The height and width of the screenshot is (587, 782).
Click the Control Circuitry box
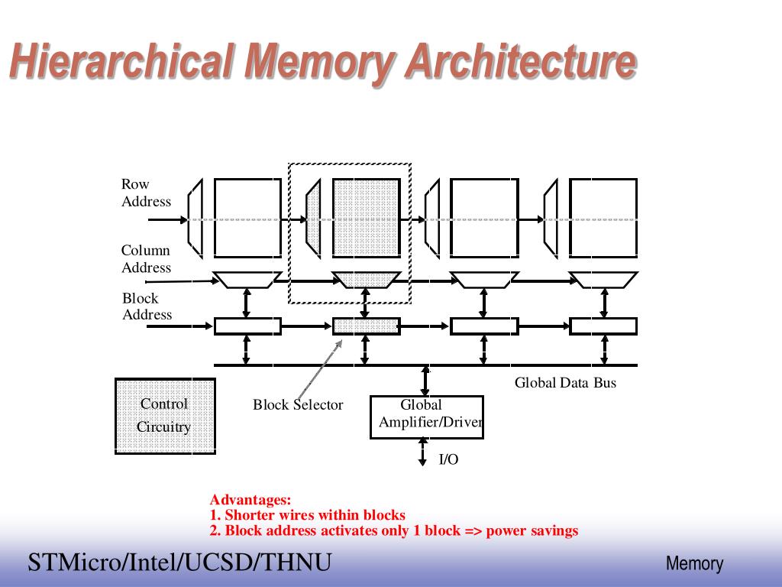click(165, 417)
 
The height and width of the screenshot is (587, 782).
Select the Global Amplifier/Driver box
click(426, 417)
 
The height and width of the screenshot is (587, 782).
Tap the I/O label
click(448, 459)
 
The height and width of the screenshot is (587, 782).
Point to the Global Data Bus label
click(565, 383)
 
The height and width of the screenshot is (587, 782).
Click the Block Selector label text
click(298, 404)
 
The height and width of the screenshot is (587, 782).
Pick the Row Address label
click(146, 193)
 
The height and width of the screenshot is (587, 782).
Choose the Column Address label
click(146, 258)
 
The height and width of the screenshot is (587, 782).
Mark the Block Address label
click(147, 306)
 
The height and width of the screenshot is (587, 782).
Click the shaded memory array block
click(367, 218)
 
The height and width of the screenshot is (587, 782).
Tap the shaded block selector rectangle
click(367, 326)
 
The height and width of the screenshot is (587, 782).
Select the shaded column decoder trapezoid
click(367, 280)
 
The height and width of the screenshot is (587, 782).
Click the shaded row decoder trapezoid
click(313, 219)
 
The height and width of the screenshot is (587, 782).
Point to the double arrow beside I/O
click(423, 452)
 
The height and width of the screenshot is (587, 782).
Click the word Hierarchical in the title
click(122, 61)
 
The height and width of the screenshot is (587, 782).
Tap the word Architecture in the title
click(521, 61)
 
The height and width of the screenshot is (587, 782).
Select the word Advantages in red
click(250, 500)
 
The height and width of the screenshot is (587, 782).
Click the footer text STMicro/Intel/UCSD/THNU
click(179, 562)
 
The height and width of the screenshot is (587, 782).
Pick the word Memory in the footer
click(694, 564)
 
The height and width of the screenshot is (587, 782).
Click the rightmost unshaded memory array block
click(603, 218)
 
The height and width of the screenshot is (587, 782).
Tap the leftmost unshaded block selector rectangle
click(248, 326)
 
